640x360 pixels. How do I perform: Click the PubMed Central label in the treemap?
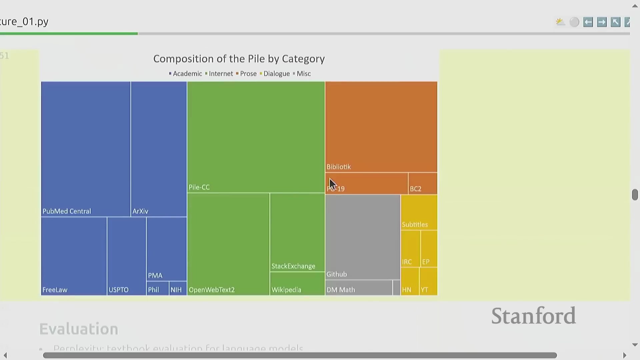click(67, 211)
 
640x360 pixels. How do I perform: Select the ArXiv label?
click(140, 211)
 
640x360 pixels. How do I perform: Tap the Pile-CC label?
click(199, 187)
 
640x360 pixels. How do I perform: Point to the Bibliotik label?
click(338, 167)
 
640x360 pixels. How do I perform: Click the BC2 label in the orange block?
click(415, 189)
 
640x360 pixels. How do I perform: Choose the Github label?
click(336, 274)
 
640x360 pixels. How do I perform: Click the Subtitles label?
click(415, 225)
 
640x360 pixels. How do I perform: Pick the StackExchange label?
click(293, 266)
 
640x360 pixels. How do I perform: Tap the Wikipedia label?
click(286, 290)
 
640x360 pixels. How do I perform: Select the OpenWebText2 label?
click(212, 290)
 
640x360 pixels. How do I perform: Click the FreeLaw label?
click(55, 290)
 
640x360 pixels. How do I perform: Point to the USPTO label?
click(118, 290)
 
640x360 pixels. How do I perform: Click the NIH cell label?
click(176, 290)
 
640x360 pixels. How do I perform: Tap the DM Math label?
click(340, 290)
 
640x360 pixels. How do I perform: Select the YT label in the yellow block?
click(424, 290)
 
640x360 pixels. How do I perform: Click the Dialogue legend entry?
click(276, 74)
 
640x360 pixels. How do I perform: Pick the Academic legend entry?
click(187, 74)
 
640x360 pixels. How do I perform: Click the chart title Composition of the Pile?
click(239, 59)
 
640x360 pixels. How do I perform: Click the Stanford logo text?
click(533, 316)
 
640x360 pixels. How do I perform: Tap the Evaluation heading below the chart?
click(79, 329)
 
